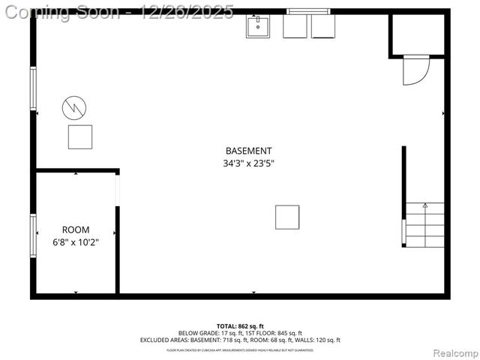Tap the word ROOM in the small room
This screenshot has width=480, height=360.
[75, 229]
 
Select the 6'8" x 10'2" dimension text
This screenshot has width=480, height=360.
[75, 241]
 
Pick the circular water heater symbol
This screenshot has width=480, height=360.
[74, 108]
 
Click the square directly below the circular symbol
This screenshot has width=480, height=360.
[80, 136]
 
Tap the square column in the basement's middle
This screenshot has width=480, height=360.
[287, 217]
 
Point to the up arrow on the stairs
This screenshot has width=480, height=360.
[424, 205]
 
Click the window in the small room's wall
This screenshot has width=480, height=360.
[33, 235]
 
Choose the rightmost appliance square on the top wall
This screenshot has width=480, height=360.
[324, 27]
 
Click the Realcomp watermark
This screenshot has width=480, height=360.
[456, 352]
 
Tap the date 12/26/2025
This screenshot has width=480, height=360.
[187, 12]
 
